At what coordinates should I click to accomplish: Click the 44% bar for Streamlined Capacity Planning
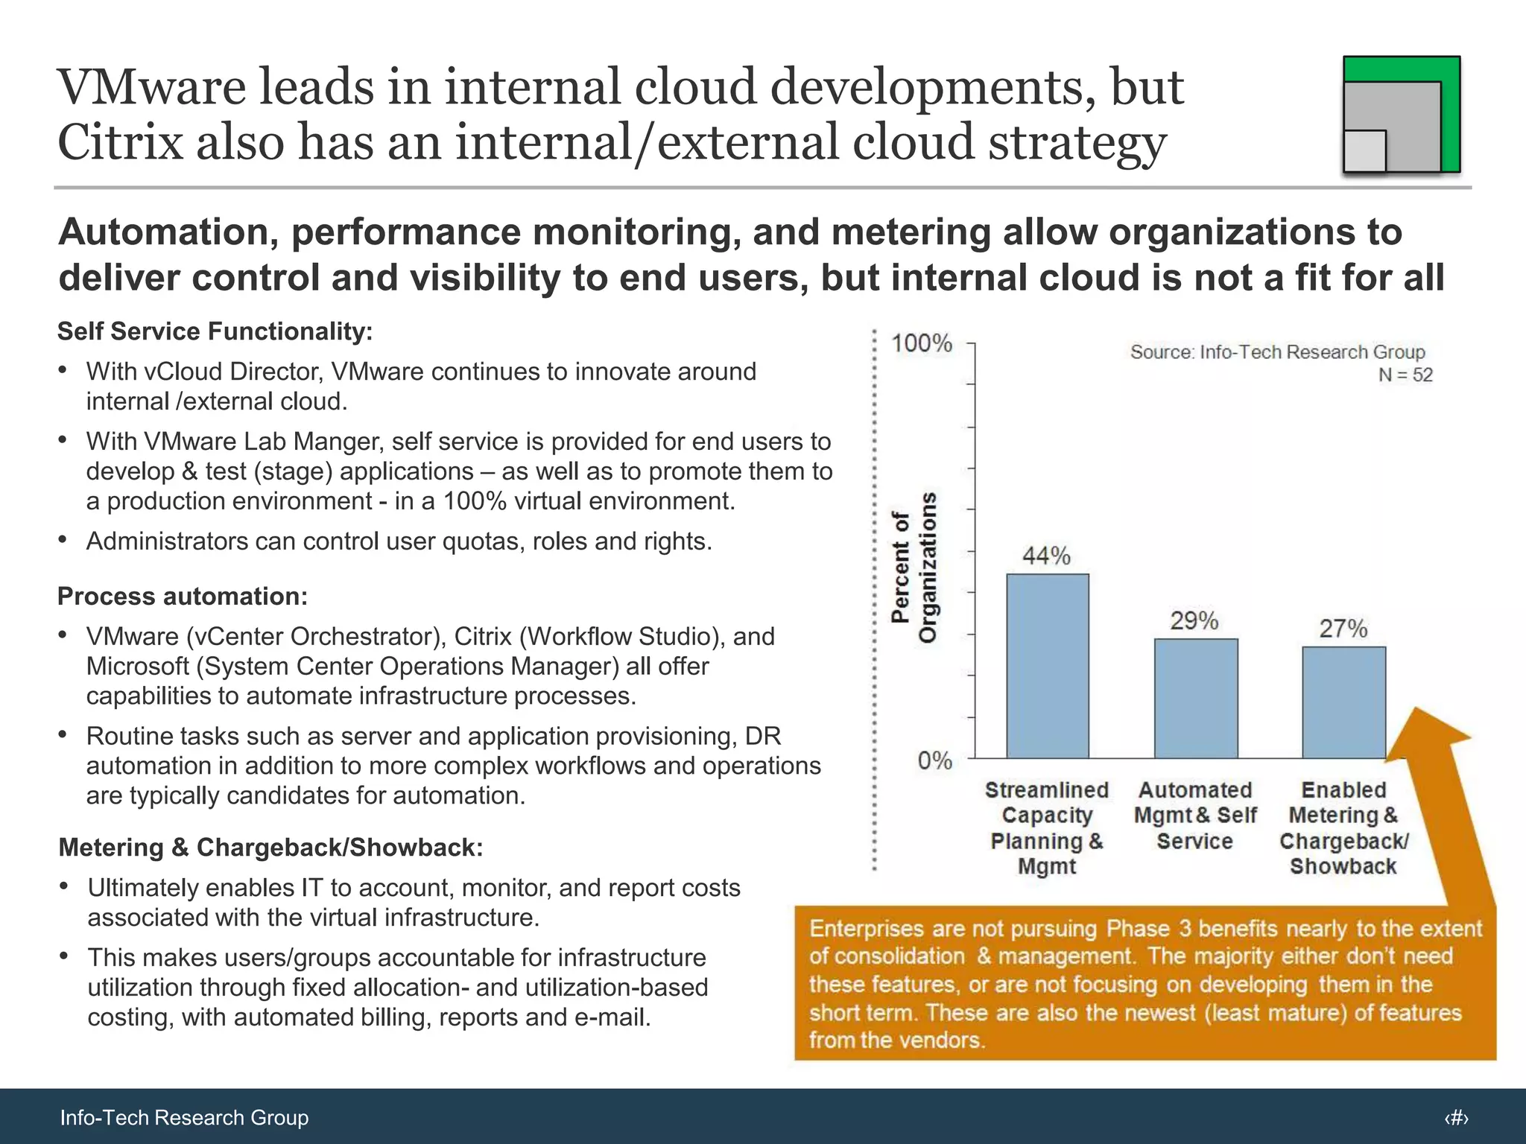[1047, 666]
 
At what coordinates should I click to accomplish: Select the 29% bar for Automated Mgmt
[1195, 698]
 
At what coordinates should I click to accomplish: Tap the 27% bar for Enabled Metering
[1343, 702]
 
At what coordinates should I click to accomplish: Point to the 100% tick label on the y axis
[922, 343]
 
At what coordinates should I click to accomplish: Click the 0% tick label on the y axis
[934, 760]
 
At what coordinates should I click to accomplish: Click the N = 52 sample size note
[1405, 375]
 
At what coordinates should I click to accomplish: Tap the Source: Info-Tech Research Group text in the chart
[1276, 352]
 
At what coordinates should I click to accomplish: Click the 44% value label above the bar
[1046, 556]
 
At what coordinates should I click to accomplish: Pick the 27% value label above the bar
[1343, 629]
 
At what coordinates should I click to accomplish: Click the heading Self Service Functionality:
[215, 331]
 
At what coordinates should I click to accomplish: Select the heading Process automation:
[183, 597]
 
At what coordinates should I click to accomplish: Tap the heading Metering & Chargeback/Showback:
[270, 848]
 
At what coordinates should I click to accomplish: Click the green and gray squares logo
[1401, 115]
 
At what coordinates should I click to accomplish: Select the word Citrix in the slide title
[119, 142]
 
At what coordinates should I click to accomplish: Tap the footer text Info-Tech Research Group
[184, 1117]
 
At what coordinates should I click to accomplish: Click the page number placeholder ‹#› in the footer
[1456, 1117]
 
